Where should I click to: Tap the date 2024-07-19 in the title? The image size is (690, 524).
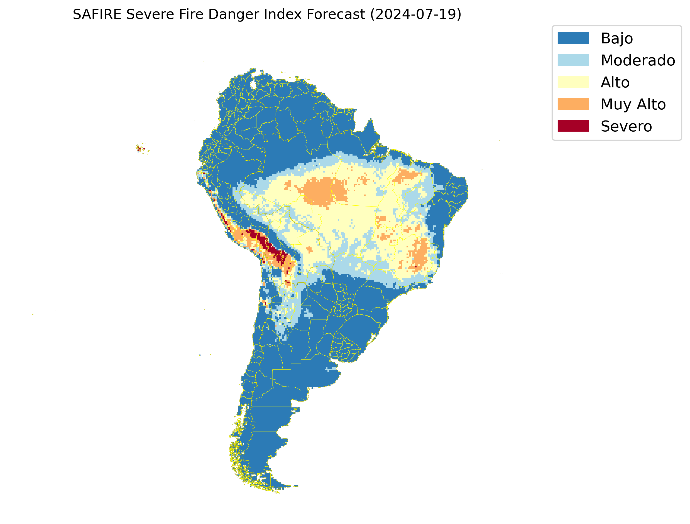coord(415,14)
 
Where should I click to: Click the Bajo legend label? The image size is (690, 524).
coord(617,38)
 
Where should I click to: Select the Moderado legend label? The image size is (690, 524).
coord(638,60)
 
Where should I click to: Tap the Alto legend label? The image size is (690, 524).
coord(615,82)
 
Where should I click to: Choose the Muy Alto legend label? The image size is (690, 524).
coord(633,104)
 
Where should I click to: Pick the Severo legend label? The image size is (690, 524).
coord(626,126)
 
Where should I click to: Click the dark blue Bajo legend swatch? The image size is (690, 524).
coord(573,38)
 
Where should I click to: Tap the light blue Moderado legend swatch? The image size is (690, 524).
coord(573,60)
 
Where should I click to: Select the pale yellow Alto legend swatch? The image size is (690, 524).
coord(573,82)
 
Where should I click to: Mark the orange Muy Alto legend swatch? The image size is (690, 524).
coord(573,104)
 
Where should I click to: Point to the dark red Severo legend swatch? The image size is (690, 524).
coord(573,126)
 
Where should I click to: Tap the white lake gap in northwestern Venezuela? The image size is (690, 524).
coord(253,85)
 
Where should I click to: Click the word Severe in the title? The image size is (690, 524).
coord(150,14)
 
